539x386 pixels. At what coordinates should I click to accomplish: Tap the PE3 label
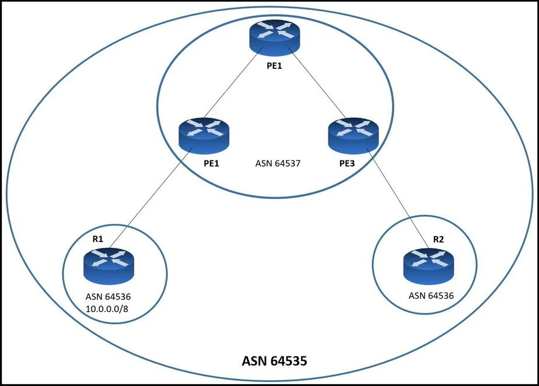tap(347, 163)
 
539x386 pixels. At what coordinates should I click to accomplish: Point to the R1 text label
tap(98, 239)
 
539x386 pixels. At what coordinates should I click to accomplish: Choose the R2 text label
tap(438, 239)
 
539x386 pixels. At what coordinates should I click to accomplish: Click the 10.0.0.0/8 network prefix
tap(107, 308)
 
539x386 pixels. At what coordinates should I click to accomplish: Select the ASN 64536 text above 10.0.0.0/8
tap(108, 296)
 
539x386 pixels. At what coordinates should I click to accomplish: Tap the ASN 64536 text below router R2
tap(431, 295)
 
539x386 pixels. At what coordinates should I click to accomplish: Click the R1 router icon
tap(108, 266)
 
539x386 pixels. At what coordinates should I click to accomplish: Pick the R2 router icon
tap(428, 266)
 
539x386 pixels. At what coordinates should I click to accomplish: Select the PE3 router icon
tap(353, 135)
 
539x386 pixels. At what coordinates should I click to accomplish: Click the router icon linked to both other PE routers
tap(274, 37)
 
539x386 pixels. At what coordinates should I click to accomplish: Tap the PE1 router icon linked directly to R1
tap(204, 135)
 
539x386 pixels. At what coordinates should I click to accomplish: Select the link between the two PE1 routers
tap(233, 83)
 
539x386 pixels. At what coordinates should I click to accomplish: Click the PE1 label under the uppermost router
tap(274, 65)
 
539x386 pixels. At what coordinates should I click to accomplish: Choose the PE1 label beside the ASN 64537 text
tap(211, 163)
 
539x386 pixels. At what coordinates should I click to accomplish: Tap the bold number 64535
tap(289, 361)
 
